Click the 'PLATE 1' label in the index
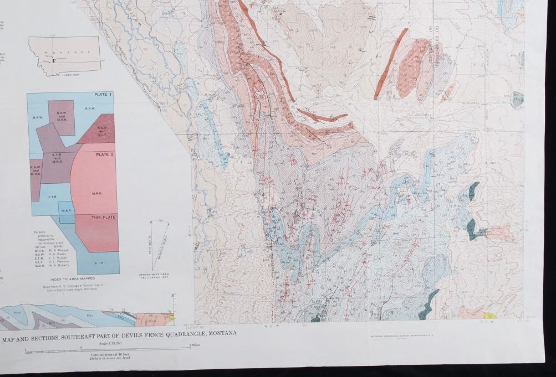[x=103, y=95]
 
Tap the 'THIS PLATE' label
[x=104, y=218]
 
